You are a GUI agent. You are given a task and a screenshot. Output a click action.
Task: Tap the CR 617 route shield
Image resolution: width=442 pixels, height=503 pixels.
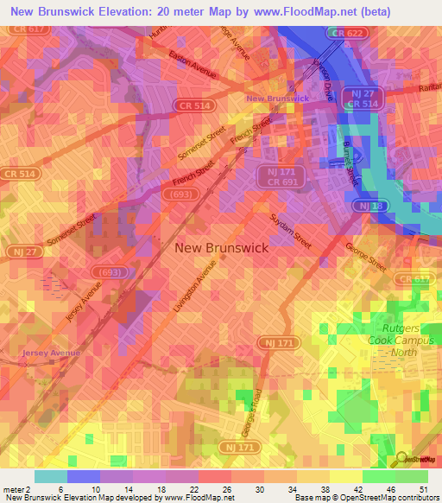click(x=25, y=29)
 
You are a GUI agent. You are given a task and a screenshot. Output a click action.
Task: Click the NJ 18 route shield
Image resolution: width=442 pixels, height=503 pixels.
click(x=366, y=205)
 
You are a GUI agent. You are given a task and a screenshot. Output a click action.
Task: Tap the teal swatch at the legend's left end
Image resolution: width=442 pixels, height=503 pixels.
click(x=51, y=476)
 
